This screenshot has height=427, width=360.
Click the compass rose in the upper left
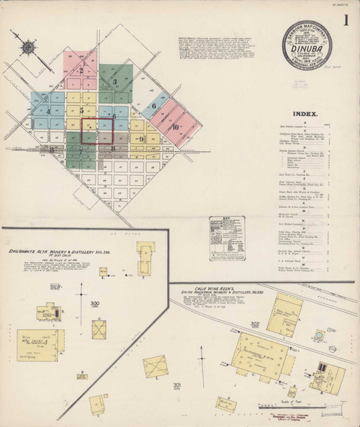point(28,48)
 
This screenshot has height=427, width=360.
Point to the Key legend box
point(227,237)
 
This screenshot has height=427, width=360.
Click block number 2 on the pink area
point(81,70)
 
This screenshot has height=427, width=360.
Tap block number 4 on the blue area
point(48,112)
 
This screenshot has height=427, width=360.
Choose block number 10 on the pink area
point(176,128)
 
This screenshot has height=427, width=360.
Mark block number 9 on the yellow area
point(141,139)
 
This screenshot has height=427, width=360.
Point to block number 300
point(94,303)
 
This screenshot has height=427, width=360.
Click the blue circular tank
point(318,336)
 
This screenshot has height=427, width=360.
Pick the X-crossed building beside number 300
point(99,328)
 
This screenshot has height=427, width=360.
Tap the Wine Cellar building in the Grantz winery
point(41,344)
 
